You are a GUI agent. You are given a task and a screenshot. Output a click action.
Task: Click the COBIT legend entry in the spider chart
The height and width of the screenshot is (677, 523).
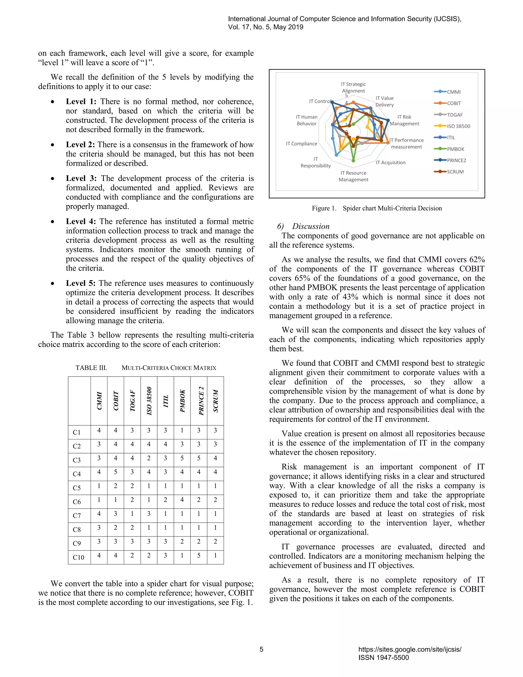454,103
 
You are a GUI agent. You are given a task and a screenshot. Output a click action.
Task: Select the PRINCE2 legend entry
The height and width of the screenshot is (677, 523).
456,160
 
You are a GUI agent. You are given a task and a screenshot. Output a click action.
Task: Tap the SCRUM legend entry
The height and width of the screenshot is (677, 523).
455,172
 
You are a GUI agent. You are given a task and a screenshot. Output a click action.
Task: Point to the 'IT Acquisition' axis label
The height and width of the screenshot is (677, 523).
390,162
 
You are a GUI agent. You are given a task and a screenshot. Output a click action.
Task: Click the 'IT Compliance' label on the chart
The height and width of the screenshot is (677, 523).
302,144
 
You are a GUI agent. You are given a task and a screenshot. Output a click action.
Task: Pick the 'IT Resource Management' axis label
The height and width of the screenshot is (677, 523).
353,176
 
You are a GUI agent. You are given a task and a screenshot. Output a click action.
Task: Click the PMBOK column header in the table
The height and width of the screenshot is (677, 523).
182,401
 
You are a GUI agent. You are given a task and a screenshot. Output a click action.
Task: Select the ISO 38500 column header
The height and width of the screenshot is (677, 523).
149,401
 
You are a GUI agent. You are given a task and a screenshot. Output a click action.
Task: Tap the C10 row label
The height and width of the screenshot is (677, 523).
78,557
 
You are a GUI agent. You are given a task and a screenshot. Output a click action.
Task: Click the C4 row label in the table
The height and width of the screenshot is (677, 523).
77,474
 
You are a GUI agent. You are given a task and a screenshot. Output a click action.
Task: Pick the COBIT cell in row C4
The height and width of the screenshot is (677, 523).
116,472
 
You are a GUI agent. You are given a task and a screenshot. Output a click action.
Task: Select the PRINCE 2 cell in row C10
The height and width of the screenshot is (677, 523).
199,555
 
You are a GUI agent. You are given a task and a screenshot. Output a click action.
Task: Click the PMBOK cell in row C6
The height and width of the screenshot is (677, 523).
182,500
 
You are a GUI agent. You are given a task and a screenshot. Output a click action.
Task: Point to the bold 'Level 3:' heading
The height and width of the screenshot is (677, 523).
81,178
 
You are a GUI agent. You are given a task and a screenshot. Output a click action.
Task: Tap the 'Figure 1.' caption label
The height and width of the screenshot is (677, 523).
324,208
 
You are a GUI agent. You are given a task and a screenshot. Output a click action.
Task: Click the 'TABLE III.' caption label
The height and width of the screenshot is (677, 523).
91,368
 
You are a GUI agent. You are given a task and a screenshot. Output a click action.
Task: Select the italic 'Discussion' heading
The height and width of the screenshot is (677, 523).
311,226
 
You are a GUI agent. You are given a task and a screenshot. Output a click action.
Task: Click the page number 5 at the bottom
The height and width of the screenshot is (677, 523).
261,649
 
